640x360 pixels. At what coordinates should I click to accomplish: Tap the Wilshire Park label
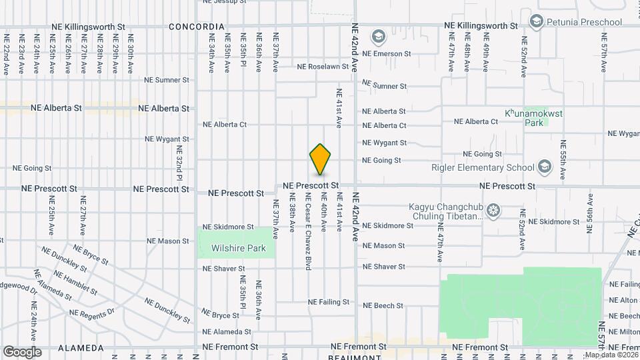[x=239, y=249]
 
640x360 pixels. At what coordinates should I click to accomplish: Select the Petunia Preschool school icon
[x=536, y=22]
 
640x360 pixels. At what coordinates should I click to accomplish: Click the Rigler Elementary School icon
[x=545, y=167]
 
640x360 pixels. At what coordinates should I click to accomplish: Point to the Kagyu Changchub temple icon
[x=493, y=211]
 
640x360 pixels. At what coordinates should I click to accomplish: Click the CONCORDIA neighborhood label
[x=196, y=27]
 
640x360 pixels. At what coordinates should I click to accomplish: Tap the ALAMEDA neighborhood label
[x=81, y=348]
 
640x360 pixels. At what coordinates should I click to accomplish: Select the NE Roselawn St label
[x=323, y=67]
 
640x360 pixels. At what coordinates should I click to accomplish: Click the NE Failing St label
[x=329, y=302]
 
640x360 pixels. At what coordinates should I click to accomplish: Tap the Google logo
[x=22, y=351]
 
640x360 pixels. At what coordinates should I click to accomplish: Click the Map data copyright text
[x=611, y=355]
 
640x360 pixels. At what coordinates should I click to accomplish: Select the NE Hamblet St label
[x=75, y=283]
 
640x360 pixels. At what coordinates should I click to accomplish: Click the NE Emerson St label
[x=392, y=53]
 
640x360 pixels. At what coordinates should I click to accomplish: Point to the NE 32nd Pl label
[x=179, y=163]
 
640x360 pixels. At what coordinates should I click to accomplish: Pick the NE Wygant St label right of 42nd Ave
[x=384, y=143]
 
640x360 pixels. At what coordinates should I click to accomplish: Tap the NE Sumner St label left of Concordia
[x=167, y=80]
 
